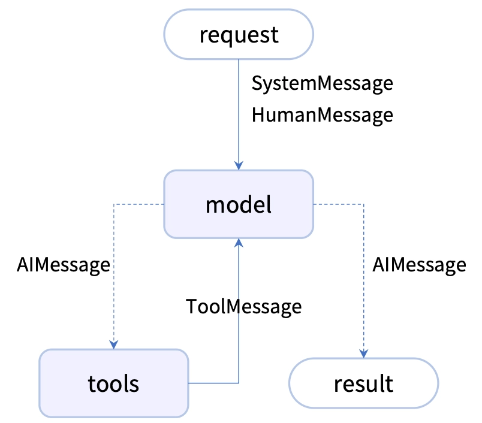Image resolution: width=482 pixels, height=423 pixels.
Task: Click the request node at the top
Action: coord(239,34)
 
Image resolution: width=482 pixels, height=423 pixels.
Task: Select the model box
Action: coord(239,204)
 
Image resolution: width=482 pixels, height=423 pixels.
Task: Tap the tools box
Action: coord(114,383)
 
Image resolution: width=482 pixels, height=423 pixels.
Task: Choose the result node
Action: coord(364,383)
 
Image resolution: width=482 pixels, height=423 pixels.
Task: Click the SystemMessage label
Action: coord(322,83)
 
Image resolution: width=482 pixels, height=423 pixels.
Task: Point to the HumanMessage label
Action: coord(322,115)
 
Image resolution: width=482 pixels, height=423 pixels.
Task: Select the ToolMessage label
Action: coord(244,307)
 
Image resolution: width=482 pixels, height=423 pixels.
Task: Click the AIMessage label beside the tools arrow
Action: coord(64,265)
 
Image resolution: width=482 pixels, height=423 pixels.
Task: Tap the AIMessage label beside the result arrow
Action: coord(419,265)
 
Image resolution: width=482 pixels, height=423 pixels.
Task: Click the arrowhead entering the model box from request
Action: coord(239,165)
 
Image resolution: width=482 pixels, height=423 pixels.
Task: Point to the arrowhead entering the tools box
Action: coord(114,345)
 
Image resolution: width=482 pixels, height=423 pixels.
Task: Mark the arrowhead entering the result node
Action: coord(364,353)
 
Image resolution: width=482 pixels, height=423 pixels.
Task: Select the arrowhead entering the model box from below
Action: coord(239,243)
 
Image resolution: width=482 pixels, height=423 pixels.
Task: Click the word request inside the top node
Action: coord(239,35)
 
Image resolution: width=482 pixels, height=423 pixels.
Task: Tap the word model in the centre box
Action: coord(239,204)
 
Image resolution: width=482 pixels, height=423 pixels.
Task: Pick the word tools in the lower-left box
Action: coord(113,384)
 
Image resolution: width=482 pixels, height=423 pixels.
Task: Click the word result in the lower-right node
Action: coord(363,383)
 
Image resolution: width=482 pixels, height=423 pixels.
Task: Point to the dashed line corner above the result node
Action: coord(364,204)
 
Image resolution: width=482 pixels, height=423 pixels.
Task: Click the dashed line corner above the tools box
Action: coord(114,204)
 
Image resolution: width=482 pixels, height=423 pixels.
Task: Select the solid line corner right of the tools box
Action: coord(239,383)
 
